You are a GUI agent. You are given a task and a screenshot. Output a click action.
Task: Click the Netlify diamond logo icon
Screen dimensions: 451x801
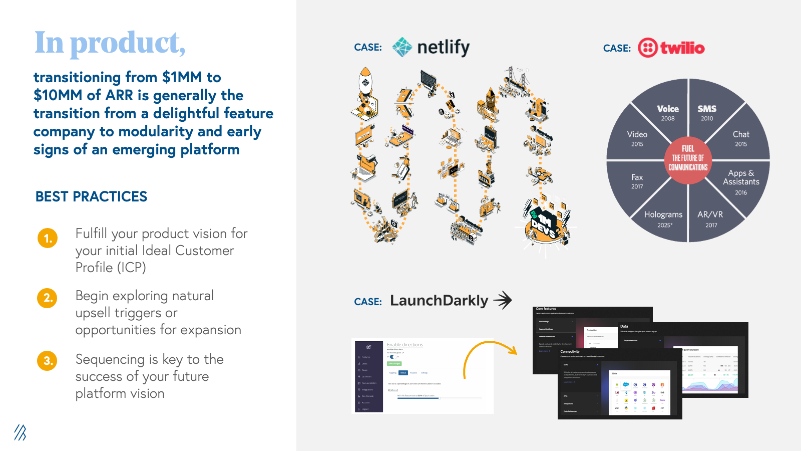tap(402, 47)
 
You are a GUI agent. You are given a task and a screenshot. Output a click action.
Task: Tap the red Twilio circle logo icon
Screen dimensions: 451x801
tap(648, 48)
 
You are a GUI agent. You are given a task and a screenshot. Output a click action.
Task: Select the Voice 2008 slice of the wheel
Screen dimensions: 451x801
tap(667, 113)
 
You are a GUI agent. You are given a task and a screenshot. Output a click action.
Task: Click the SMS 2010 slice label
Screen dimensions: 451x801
tap(707, 113)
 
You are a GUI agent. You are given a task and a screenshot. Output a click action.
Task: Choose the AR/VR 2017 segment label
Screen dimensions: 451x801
tap(710, 219)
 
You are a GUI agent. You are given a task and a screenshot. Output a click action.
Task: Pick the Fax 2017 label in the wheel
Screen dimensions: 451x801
tap(637, 181)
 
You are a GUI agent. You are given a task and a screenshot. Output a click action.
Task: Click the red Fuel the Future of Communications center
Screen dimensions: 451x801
tap(688, 158)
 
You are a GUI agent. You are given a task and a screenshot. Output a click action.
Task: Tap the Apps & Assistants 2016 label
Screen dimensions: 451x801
tap(741, 181)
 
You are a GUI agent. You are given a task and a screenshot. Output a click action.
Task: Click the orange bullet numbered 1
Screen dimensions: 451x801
tap(48, 238)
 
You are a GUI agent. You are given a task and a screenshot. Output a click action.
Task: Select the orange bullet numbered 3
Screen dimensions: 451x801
tap(48, 360)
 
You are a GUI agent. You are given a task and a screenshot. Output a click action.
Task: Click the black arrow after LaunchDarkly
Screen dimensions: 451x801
tap(503, 300)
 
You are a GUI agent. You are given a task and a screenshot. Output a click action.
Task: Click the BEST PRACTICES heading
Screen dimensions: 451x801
tap(91, 196)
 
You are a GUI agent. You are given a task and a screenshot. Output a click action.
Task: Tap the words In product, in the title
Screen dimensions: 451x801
tap(110, 43)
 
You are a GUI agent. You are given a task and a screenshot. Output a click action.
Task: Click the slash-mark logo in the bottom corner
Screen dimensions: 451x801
tap(20, 432)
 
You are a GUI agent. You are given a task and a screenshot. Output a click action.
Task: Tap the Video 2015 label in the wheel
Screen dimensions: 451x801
tap(637, 138)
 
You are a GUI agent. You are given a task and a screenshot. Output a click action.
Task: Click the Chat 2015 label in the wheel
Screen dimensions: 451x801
tap(741, 138)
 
